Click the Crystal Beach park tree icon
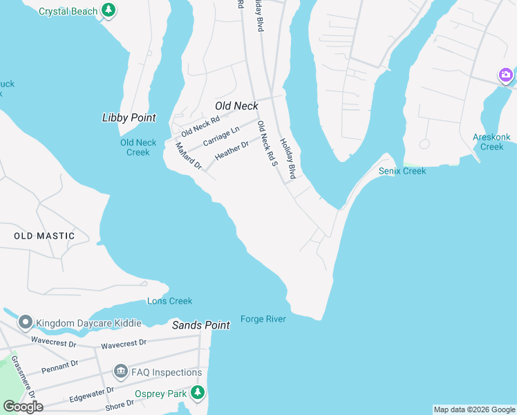click(x=108, y=10)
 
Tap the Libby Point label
click(x=129, y=118)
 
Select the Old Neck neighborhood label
click(x=236, y=106)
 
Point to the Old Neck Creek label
click(x=138, y=147)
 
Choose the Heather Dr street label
click(x=232, y=151)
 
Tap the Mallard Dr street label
click(x=187, y=156)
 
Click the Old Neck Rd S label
click(x=266, y=144)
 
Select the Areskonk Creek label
click(x=491, y=142)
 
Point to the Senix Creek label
click(x=402, y=171)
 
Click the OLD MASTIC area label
click(x=44, y=236)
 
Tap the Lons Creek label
click(x=169, y=301)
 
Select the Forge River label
click(x=263, y=319)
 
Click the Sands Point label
click(x=200, y=325)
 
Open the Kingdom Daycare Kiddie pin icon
click(x=26, y=322)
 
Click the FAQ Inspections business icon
click(x=121, y=372)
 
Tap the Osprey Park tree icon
click(x=198, y=393)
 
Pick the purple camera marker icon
click(x=506, y=75)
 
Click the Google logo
click(x=23, y=407)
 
